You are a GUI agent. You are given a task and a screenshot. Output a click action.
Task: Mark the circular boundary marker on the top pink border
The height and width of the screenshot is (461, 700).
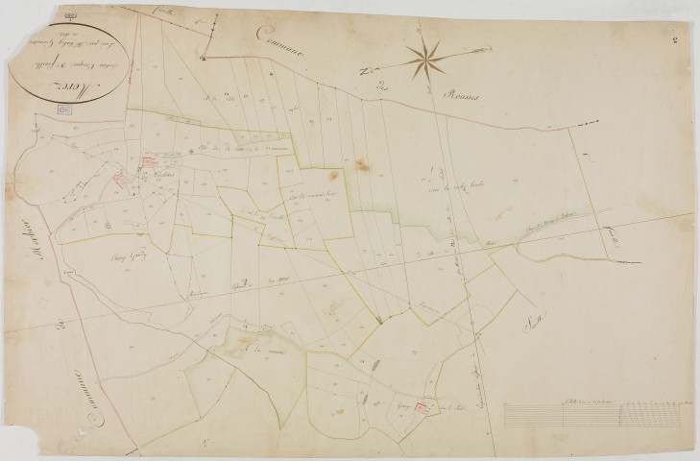[204, 57]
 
